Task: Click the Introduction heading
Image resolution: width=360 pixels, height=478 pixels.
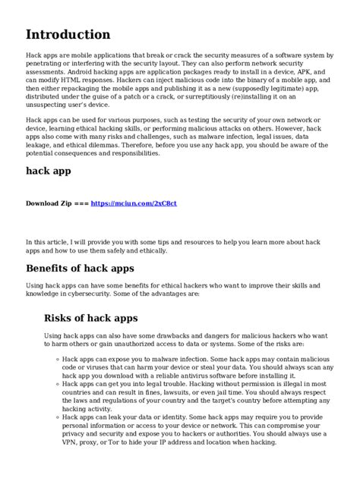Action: coord(68,34)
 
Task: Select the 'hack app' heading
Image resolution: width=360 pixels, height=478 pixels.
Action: coord(49,171)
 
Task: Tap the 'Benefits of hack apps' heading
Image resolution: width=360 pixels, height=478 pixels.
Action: coord(80,268)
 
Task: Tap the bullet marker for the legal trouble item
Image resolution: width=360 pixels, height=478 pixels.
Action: coord(57,385)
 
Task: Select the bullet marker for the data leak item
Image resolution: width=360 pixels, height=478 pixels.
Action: coord(57,417)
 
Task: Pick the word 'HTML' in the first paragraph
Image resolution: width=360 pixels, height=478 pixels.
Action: coord(84,79)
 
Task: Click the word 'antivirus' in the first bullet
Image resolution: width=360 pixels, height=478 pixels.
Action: coord(196,374)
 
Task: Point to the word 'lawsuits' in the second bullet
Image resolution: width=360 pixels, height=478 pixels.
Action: coord(175,393)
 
